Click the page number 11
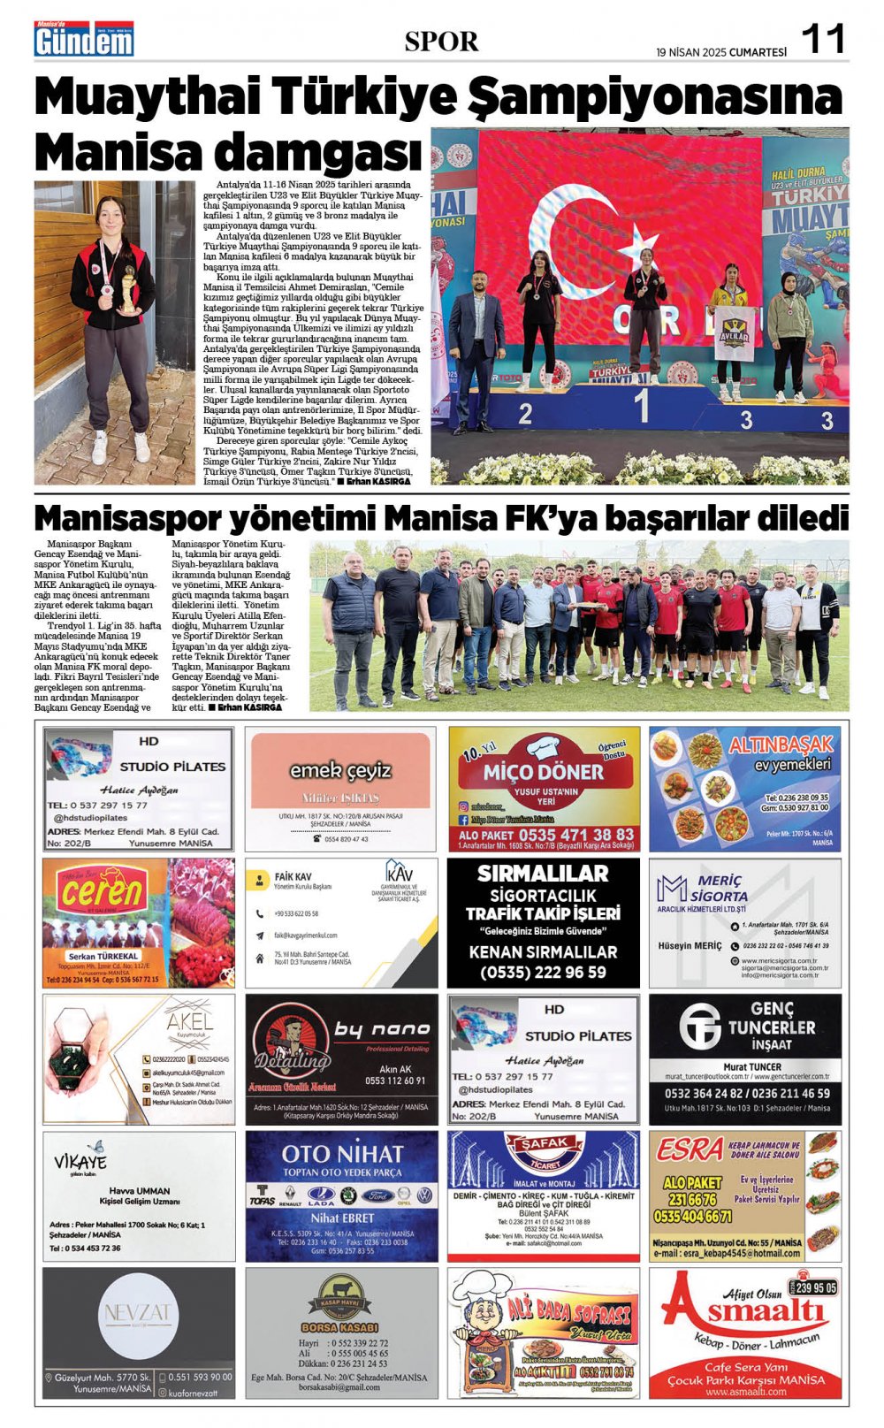823,39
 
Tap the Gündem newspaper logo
85,40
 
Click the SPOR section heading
441,41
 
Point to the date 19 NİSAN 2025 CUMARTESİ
720,52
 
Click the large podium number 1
642,406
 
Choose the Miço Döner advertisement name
543,772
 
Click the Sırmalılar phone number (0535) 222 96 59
543,972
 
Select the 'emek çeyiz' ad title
340,770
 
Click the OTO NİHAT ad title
342,1153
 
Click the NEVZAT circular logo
139,1313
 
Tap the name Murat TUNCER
752,1066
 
